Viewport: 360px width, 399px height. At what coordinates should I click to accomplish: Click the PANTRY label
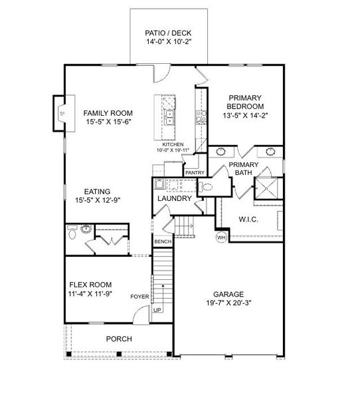tap(195, 173)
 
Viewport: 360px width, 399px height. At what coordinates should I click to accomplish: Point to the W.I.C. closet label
tap(248, 219)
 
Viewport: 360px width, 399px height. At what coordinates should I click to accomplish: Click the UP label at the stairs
tap(157, 310)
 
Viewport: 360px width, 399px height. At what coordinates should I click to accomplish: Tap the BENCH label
tap(163, 242)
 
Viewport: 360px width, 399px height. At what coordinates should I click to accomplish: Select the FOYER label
tap(139, 297)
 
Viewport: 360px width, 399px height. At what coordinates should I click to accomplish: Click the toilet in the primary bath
tap(205, 188)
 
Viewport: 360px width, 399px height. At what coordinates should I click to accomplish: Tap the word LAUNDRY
tap(175, 198)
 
